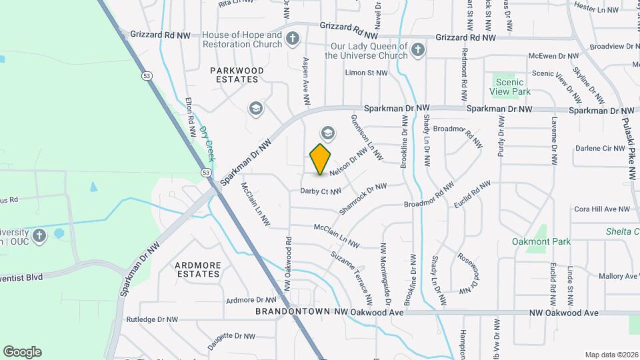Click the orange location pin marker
click(321, 159)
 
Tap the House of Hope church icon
click(291, 39)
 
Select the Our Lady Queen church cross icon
click(417, 50)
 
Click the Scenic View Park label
click(509, 87)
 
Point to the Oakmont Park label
click(541, 241)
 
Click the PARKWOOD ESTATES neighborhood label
click(237, 75)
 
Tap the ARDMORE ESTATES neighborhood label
click(197, 269)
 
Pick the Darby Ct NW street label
click(321, 191)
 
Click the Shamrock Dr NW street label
click(363, 199)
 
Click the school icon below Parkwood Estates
click(255, 108)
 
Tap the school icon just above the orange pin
click(327, 133)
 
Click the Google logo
click(22, 352)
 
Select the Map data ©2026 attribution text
click(611, 355)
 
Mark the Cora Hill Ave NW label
click(602, 209)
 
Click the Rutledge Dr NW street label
click(152, 319)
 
